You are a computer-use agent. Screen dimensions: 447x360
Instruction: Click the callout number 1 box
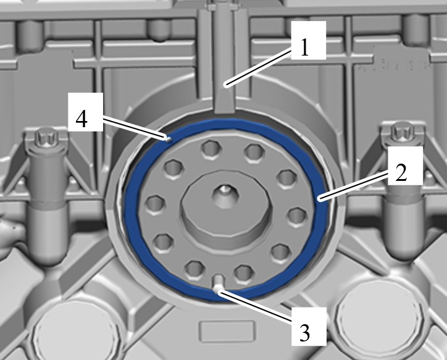click(309, 41)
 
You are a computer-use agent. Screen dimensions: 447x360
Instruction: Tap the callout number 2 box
click(405, 165)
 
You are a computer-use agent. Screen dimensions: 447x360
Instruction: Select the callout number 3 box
click(309, 327)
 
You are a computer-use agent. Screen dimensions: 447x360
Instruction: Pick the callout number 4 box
click(85, 112)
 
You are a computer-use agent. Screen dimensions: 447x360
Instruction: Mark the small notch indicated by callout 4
click(168, 139)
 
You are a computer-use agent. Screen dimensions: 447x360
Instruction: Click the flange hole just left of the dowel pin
click(194, 269)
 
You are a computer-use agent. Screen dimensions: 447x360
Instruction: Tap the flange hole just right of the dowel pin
click(244, 273)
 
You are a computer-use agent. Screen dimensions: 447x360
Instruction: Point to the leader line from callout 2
click(354, 186)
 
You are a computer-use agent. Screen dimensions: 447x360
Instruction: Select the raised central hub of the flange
click(227, 207)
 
